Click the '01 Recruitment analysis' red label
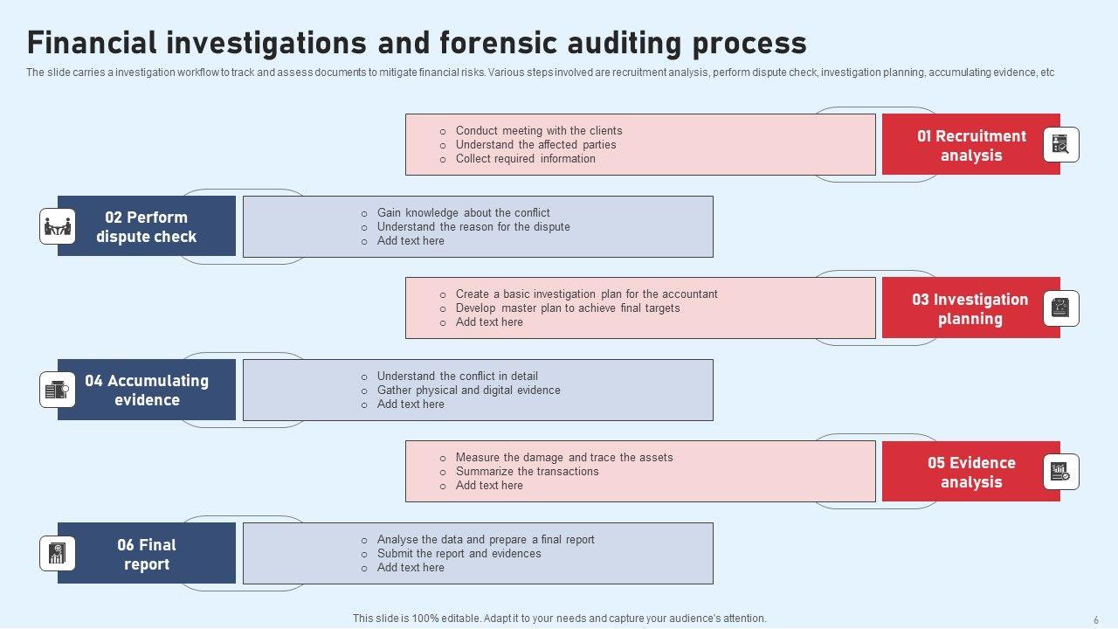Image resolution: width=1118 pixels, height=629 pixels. pos(970,145)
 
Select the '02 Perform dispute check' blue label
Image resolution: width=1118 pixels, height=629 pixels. pos(147,226)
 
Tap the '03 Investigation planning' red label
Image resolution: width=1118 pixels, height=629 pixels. pos(970,308)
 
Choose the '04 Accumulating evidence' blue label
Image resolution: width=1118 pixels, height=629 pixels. pos(147,390)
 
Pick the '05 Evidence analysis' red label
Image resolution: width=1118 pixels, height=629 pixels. pos(970,472)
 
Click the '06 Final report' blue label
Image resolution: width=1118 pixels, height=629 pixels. pos(147,554)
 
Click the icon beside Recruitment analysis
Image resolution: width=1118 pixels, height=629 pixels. pos(1061,145)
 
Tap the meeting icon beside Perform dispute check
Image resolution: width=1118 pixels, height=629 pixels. pos(58,226)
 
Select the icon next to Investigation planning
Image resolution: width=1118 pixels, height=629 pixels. pos(1061,308)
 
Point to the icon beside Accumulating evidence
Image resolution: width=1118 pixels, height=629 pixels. pos(58,390)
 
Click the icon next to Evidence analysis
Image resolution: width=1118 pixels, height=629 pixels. pos(1061,472)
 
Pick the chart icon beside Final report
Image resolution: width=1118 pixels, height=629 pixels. pos(58,554)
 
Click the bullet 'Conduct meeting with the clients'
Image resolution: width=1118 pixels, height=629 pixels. pos(538,131)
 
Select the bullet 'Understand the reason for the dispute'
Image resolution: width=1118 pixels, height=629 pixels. pos(473,227)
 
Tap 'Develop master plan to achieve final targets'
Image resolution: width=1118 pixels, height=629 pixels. pos(567,308)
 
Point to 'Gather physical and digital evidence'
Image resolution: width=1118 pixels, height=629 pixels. pos(468,391)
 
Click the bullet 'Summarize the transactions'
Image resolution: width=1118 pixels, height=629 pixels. pos(527,472)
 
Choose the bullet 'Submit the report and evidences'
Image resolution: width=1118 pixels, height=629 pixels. pos(459,554)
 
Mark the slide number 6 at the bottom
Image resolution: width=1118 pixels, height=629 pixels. pos(1096,619)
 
